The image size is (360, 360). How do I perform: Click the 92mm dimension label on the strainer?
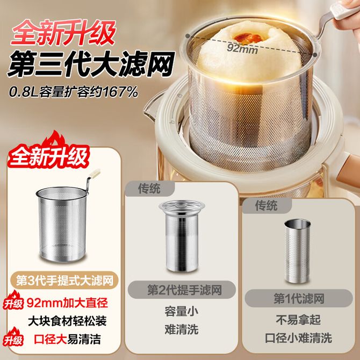click(242, 48)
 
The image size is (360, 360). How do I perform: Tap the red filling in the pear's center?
click(248, 38)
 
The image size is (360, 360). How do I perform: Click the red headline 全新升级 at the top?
click(63, 33)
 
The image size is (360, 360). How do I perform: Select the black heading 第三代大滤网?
click(91, 64)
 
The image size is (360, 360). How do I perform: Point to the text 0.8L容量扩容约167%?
click(74, 92)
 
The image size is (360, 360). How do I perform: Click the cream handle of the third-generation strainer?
click(95, 174)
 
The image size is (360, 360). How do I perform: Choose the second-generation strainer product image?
click(182, 236)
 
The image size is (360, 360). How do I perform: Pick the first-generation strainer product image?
click(298, 251)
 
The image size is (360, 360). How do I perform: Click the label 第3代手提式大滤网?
click(65, 280)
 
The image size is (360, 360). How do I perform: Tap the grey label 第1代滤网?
click(299, 298)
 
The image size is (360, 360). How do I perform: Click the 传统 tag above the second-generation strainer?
click(149, 189)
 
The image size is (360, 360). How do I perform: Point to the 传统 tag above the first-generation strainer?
click(267, 205)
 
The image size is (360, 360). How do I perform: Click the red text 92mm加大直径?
click(67, 303)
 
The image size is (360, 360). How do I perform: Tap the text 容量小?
click(182, 312)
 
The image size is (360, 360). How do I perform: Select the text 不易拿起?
click(298, 320)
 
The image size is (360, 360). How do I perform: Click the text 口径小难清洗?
click(298, 338)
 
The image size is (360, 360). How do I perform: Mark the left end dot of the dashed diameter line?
click(188, 36)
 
